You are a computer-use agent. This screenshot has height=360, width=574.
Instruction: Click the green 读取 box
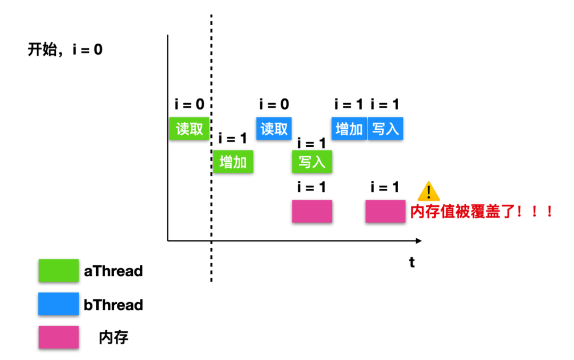189,129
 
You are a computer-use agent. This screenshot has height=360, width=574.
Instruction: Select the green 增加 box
233,162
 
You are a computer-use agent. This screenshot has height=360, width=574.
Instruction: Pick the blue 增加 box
349,129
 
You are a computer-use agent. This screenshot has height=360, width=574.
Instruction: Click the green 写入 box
312,162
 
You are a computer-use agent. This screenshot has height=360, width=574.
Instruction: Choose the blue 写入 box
385,129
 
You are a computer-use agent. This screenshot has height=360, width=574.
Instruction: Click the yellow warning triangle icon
428,191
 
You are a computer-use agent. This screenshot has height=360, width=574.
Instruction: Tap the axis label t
412,262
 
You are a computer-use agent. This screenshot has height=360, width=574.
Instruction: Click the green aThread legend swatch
58,271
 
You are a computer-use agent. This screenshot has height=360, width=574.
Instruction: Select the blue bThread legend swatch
58,304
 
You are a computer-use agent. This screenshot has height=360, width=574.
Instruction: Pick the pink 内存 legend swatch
58,337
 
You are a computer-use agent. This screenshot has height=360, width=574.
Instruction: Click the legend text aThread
113,271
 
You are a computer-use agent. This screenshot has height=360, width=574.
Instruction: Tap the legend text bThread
113,305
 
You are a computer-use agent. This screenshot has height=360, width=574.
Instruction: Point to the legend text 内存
114,338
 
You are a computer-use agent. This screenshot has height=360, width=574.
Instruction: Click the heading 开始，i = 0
65,51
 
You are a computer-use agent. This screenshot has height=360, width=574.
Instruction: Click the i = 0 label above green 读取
189,105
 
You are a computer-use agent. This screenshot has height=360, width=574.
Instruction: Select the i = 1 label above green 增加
233,138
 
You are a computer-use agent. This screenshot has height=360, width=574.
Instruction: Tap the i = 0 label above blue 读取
274,105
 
